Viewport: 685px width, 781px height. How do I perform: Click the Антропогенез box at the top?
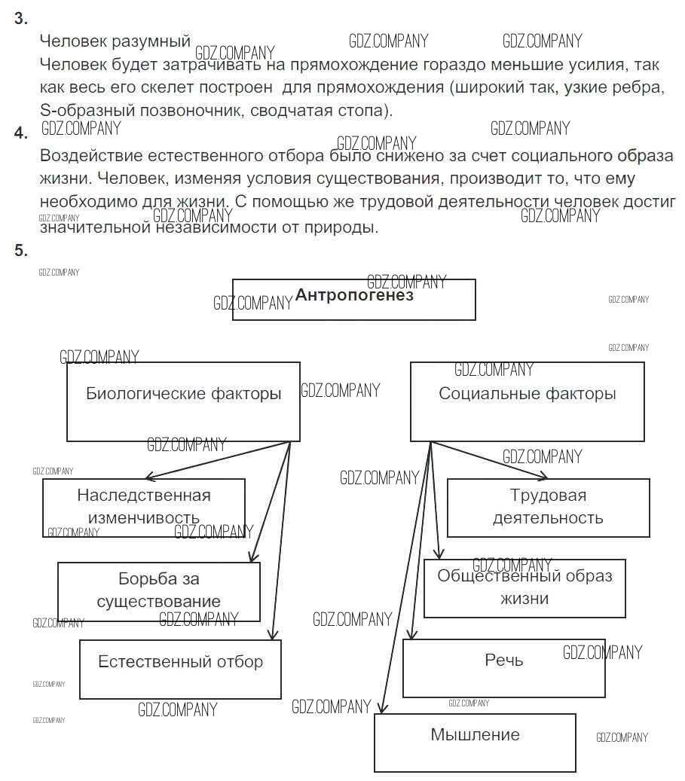(353, 299)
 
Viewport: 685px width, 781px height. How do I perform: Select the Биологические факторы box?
(183, 401)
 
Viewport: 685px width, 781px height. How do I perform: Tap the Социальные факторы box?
(527, 401)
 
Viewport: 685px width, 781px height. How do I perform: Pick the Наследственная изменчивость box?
(143, 507)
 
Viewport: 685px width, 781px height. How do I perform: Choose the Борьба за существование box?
(159, 590)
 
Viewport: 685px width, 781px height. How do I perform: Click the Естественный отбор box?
(180, 669)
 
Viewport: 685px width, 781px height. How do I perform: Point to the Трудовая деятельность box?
(548, 507)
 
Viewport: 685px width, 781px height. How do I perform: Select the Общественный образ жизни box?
(524, 587)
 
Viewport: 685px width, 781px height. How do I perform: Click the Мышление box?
(475, 742)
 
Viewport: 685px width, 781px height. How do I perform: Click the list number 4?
(21, 133)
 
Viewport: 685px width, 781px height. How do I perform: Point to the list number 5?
(21, 250)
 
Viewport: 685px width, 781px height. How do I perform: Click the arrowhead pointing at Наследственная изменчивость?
(148, 477)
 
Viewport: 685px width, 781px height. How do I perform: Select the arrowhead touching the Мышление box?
(381, 709)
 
